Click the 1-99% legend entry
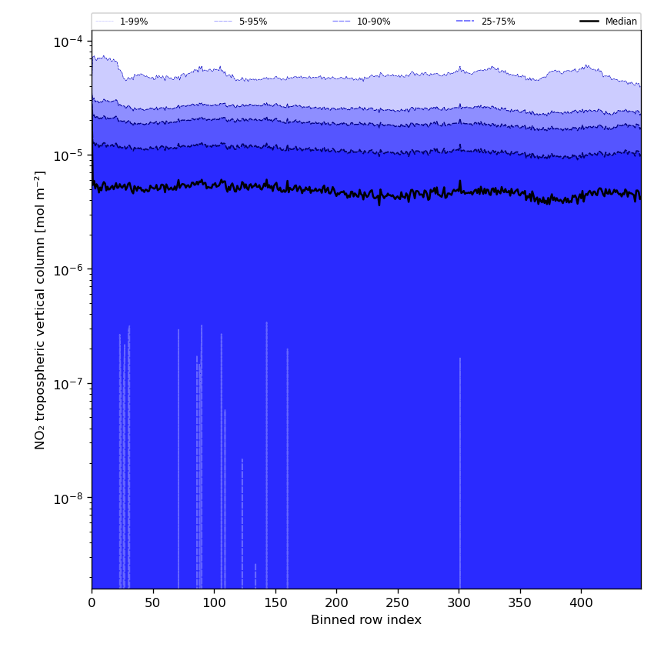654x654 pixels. click(122, 22)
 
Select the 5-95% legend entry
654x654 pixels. click(241, 22)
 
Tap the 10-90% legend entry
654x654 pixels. click(362, 22)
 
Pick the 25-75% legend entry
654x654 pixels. click(486, 22)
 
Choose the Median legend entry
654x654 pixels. click(609, 22)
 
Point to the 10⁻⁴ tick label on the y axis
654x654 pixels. click(68, 42)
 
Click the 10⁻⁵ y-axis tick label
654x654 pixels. click(68, 155)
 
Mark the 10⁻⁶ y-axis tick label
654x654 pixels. click(68, 270)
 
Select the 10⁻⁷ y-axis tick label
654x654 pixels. click(68, 384)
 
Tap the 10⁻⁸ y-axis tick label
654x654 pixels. click(68, 498)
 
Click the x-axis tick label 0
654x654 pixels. click(92, 602)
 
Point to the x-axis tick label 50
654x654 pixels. click(153, 602)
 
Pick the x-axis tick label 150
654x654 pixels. click(275, 602)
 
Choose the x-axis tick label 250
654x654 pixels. click(398, 602)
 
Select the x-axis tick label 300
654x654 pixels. click(459, 602)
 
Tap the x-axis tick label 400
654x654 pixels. click(582, 602)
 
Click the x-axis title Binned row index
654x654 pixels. click(366, 620)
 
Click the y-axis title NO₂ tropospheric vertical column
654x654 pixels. click(39, 310)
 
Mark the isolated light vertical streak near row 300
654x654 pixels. click(460, 473)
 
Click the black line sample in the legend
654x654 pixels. click(589, 22)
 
